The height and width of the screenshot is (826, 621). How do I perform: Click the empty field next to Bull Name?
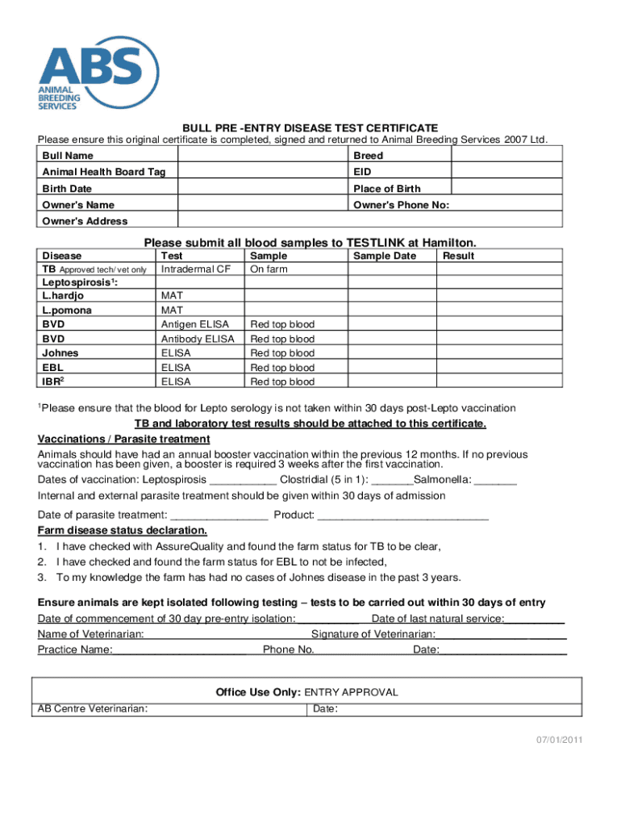pyautogui.click(x=261, y=155)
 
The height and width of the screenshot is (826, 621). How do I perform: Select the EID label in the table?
pyautogui.click(x=361, y=172)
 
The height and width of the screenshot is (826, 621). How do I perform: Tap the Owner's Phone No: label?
pyautogui.click(x=401, y=205)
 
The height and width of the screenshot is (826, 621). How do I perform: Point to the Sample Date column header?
pyautogui.click(x=385, y=256)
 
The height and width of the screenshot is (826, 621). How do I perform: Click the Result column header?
pyautogui.click(x=458, y=256)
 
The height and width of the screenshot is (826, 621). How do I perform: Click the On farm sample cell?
pyautogui.click(x=269, y=269)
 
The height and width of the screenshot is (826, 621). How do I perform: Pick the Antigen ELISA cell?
pyautogui.click(x=195, y=324)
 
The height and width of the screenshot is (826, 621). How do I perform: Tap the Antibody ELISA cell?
pyautogui.click(x=198, y=339)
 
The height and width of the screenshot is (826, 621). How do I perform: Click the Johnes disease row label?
pyautogui.click(x=60, y=353)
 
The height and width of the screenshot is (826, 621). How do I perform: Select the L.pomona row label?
pyautogui.click(x=67, y=310)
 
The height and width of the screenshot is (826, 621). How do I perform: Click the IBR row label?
pyautogui.click(x=53, y=382)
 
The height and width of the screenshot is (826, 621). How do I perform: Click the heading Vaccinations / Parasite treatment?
pyautogui.click(x=124, y=439)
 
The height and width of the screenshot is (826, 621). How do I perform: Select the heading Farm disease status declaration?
pyautogui.click(x=123, y=530)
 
